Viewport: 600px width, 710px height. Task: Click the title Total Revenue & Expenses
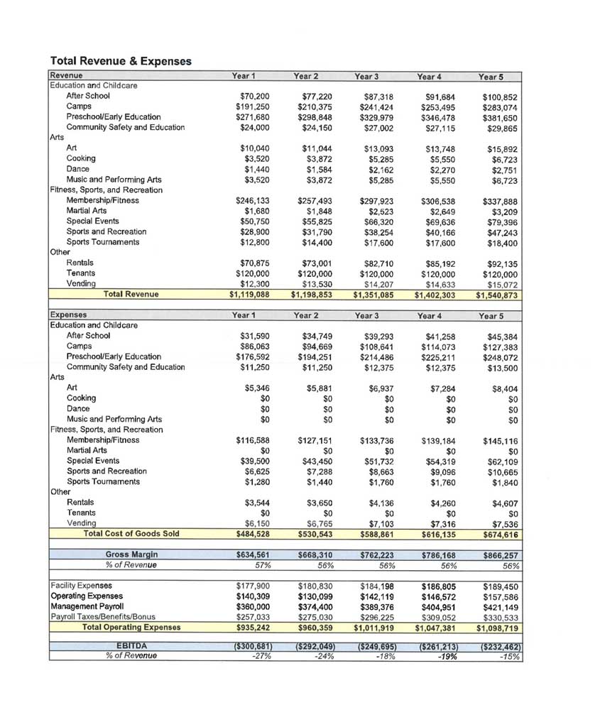(x=121, y=61)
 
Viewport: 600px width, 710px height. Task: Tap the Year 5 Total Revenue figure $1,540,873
(x=497, y=295)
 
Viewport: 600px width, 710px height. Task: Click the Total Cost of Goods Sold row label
(x=131, y=534)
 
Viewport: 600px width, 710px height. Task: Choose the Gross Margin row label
(x=131, y=555)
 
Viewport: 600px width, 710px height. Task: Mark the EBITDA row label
(x=131, y=645)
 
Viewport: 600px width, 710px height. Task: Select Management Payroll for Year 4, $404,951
(x=435, y=607)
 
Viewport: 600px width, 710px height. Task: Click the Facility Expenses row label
(x=81, y=586)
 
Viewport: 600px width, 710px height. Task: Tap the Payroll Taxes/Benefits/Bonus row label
(x=102, y=617)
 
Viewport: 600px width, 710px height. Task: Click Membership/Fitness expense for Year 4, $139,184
(x=435, y=441)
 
